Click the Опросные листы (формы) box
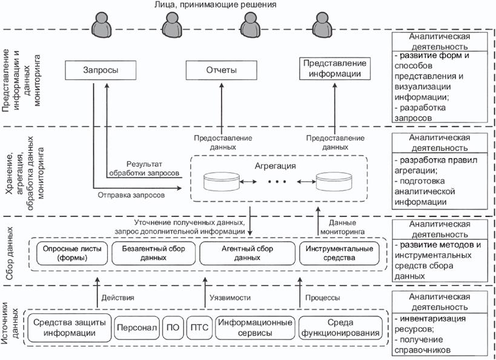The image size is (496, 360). [70, 253]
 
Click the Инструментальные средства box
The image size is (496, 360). [341, 253]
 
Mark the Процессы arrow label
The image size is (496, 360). [323, 298]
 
